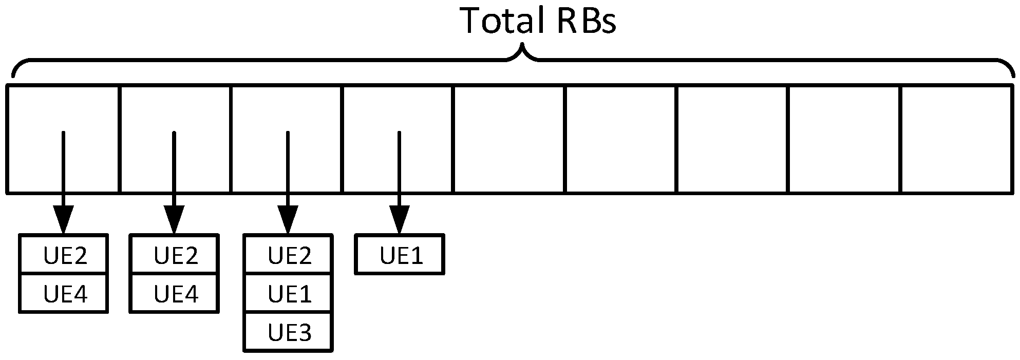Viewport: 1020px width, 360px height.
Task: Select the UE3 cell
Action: coord(289,333)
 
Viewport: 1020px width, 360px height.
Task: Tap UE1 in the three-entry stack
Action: coord(289,294)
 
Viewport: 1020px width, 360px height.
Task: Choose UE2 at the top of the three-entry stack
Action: coord(289,255)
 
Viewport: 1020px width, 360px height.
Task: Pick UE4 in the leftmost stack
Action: coord(65,294)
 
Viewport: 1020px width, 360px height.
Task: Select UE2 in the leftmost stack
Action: coord(65,255)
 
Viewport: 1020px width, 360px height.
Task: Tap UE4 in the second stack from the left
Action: coord(175,294)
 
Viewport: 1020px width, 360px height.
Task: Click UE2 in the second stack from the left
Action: coord(175,255)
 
